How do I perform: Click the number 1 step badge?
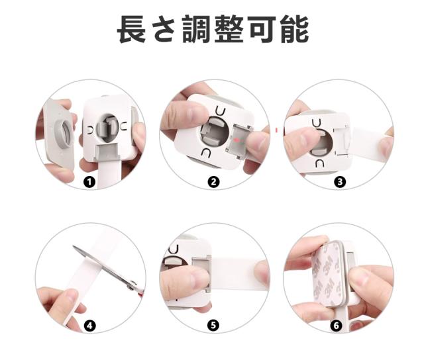tap(89, 182)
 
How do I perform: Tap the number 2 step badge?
tap(213, 182)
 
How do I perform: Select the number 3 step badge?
tap(340, 182)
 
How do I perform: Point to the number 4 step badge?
tap(89, 326)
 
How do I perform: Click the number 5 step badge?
tap(213, 325)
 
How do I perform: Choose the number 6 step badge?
tap(336, 326)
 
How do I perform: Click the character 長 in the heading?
tap(131, 29)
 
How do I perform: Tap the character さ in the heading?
tap(164, 29)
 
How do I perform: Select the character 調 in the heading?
tap(197, 29)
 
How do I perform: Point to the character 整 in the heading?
tap(229, 29)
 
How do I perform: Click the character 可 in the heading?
tap(262, 29)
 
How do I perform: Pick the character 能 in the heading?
tap(294, 29)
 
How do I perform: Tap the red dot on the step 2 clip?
tap(236, 140)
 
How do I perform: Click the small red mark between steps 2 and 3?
tap(276, 130)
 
